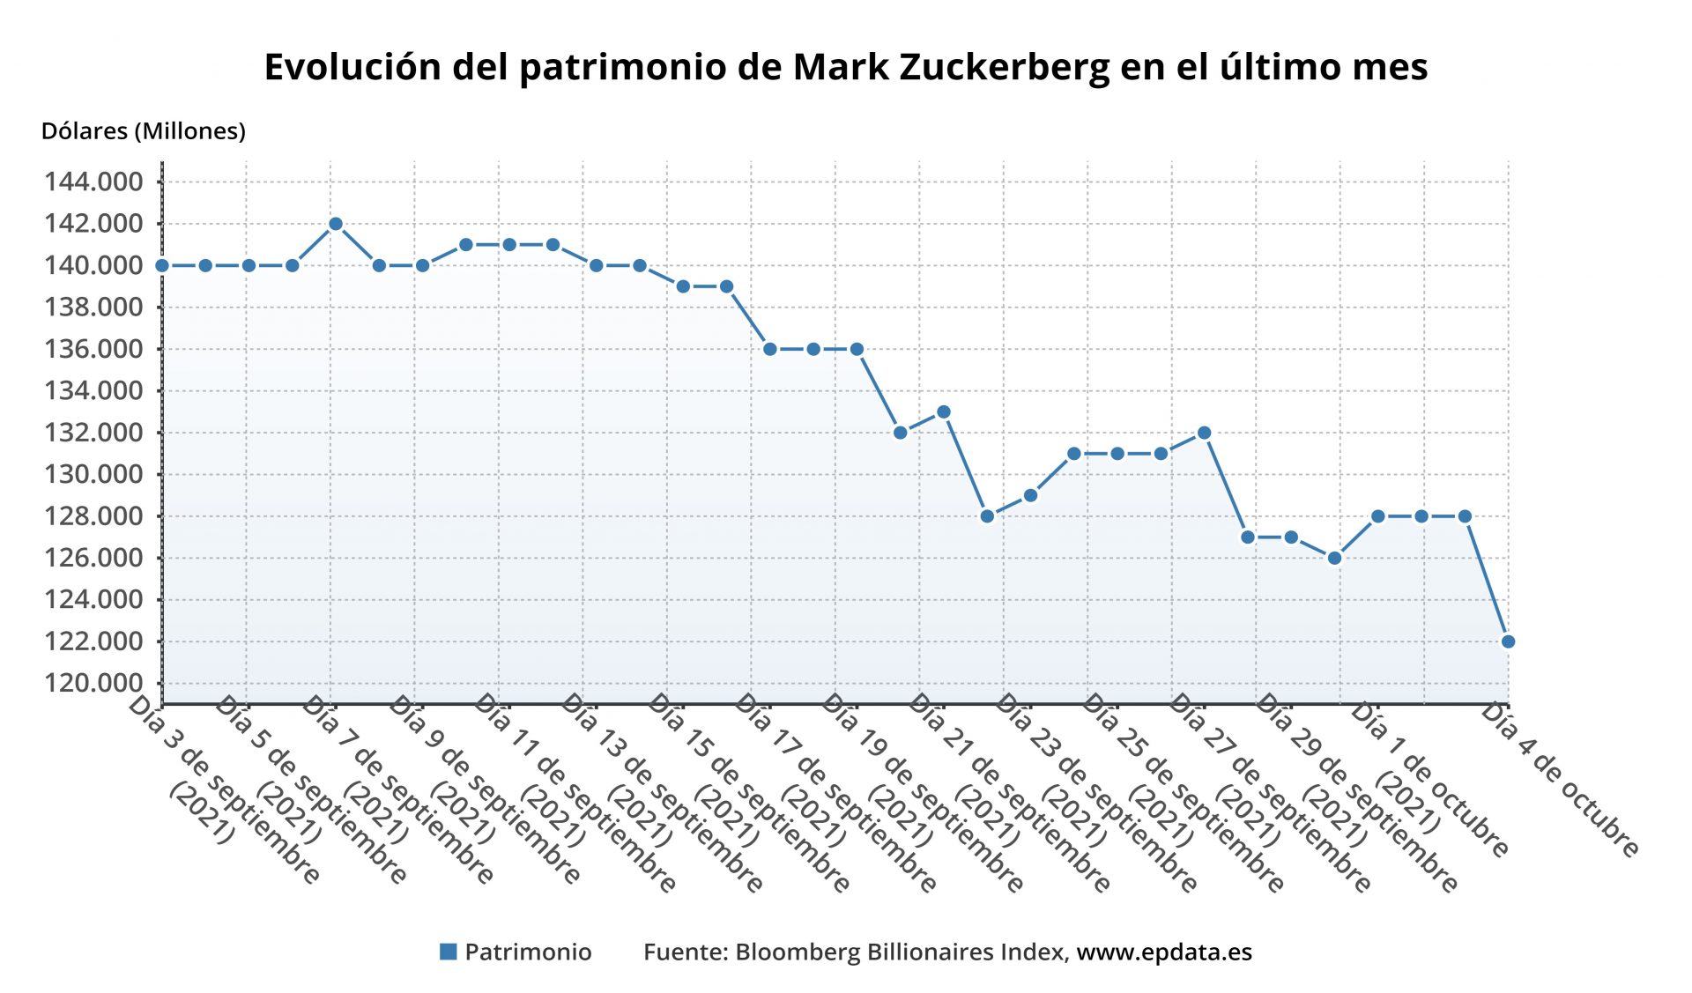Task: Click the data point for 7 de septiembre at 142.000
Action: [x=335, y=224]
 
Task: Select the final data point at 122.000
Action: [x=1508, y=641]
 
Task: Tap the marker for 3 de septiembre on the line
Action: [x=162, y=265]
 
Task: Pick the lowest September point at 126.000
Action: [x=1334, y=558]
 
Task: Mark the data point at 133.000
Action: [x=943, y=411]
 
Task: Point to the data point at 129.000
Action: [x=1030, y=495]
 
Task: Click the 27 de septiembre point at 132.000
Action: [x=1204, y=433]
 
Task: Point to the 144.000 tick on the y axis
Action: [x=93, y=182]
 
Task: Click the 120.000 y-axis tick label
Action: [x=93, y=683]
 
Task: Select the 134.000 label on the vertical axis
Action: [x=93, y=390]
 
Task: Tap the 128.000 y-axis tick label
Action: [x=93, y=515]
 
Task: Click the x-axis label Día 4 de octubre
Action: [x=1560, y=780]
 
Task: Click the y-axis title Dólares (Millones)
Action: [x=144, y=131]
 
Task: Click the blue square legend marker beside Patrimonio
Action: [x=448, y=952]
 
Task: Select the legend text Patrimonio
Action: [x=528, y=952]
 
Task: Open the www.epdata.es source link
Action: [x=1164, y=952]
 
